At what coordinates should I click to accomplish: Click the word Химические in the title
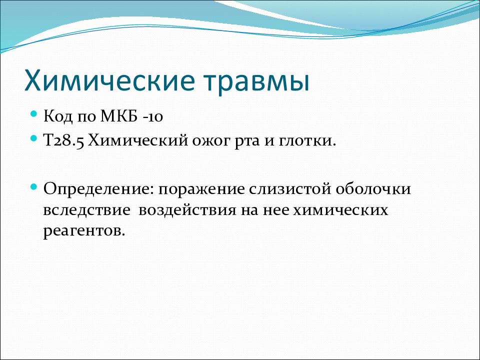click(109, 80)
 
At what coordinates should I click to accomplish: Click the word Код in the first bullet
click(58, 116)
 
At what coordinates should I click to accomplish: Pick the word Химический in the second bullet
click(138, 141)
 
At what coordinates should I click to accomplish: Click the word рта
click(247, 143)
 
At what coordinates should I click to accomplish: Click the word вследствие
click(86, 211)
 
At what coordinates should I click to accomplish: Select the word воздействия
click(187, 210)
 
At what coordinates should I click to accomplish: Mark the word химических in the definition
click(340, 211)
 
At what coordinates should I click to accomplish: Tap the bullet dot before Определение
click(34, 186)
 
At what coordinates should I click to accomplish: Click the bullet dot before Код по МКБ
click(34, 114)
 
